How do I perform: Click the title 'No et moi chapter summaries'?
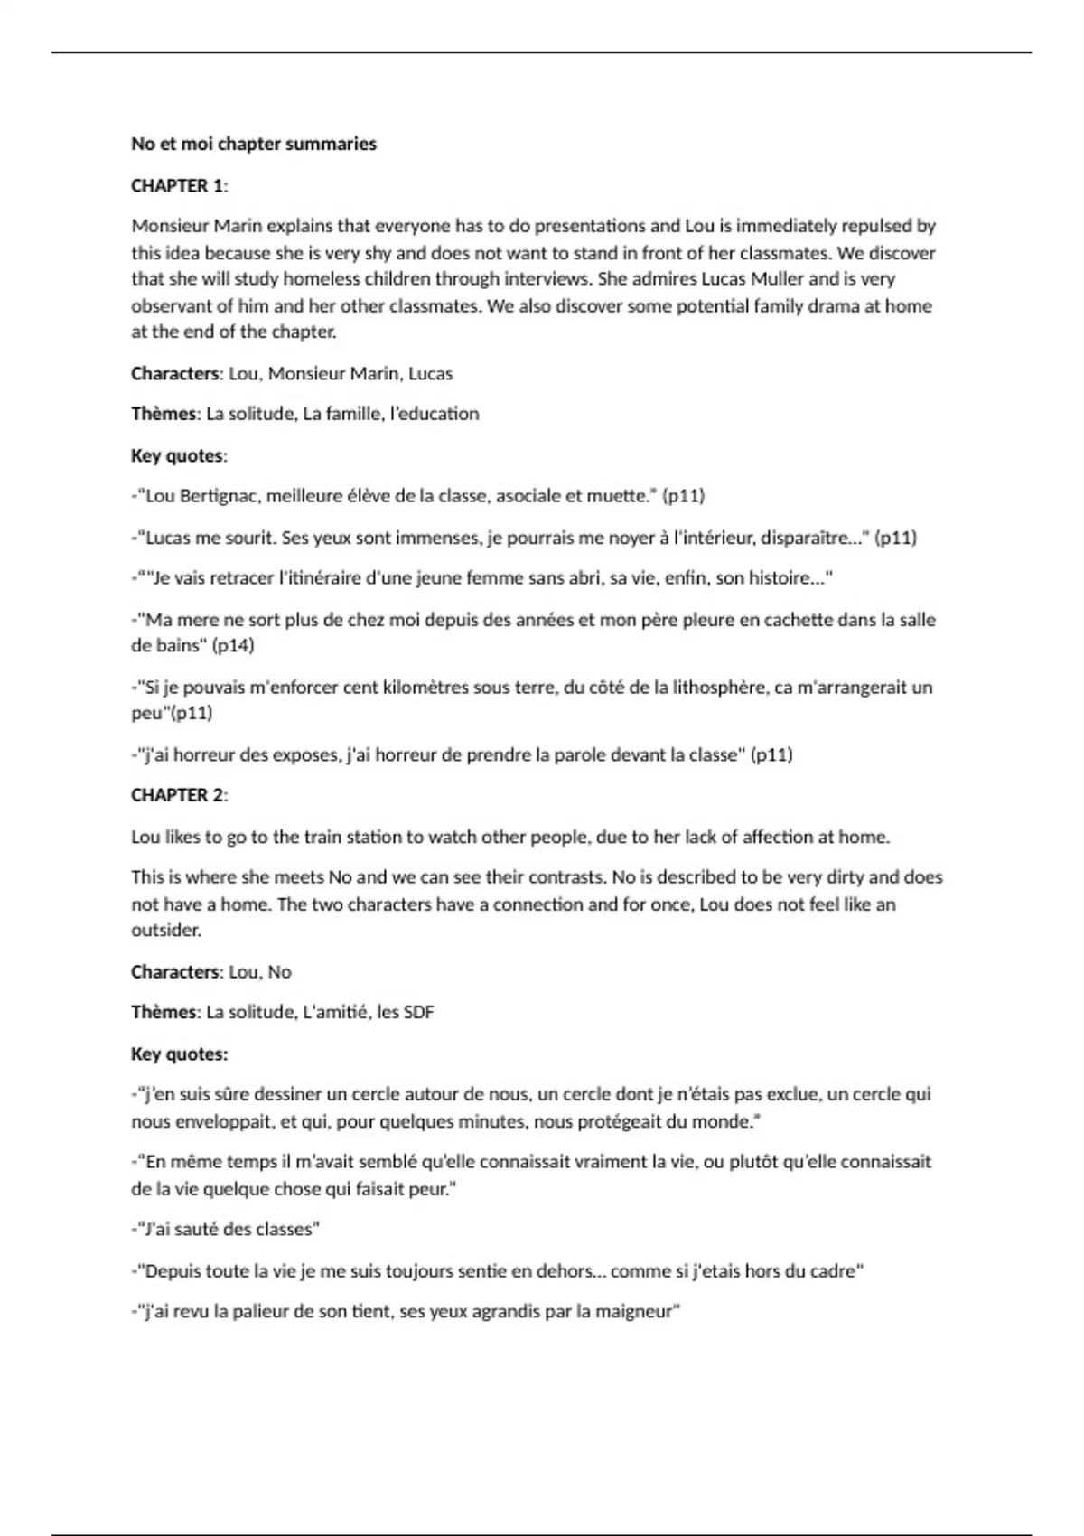pos(254,144)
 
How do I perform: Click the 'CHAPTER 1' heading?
pos(177,186)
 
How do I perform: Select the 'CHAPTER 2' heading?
pos(177,795)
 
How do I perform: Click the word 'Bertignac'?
pos(220,495)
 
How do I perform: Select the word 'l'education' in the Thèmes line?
pos(435,414)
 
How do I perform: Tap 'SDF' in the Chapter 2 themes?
pos(419,1012)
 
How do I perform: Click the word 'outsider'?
pos(165,930)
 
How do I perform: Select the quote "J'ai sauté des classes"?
pos(227,1229)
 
